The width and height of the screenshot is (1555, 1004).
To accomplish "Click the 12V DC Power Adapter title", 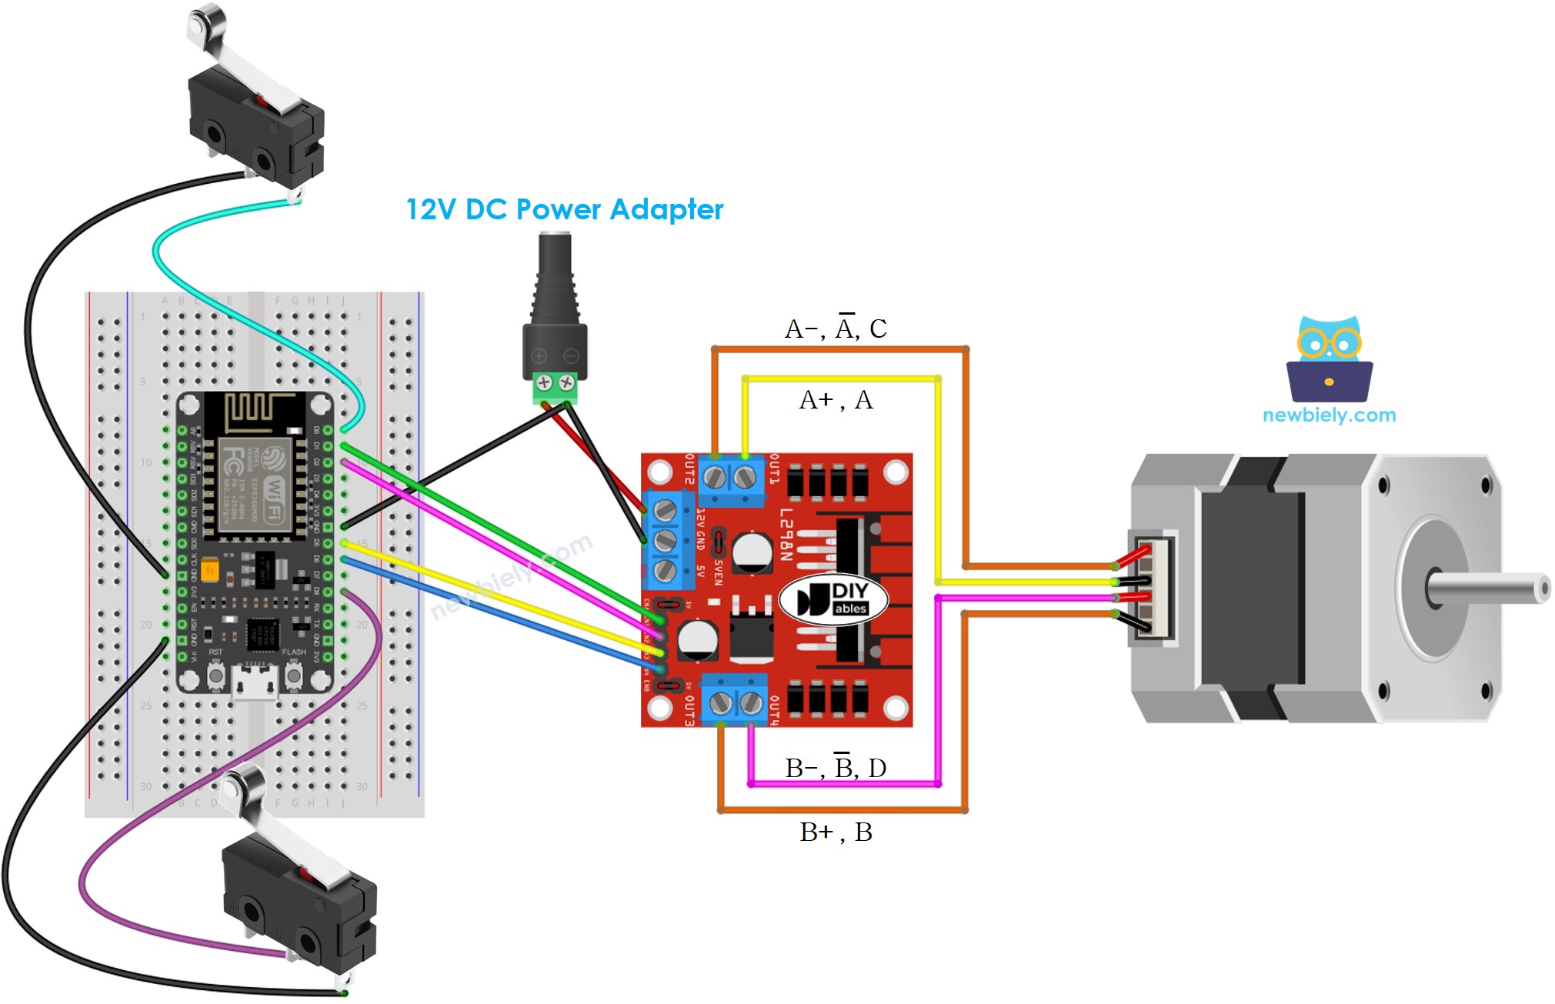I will tap(564, 209).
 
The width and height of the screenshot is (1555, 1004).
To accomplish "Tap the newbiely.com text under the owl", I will tap(1329, 415).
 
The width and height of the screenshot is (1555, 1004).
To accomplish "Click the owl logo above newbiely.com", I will tap(1329, 359).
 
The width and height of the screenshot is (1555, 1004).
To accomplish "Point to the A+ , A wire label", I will tap(836, 400).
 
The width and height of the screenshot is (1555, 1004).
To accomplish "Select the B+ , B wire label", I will tap(836, 832).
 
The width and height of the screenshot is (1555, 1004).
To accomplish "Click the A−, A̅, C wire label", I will tap(836, 329).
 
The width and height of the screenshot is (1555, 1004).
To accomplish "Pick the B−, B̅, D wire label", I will tap(836, 768).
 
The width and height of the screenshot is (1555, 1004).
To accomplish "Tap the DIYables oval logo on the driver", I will tap(833, 599).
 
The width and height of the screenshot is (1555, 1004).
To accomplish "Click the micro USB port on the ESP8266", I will tap(255, 683).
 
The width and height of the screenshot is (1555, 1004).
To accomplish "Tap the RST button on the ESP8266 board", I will tap(215, 675).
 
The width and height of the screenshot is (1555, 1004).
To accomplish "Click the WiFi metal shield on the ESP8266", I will tap(254, 485).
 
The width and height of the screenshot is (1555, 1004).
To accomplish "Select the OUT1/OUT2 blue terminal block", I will tap(730, 480).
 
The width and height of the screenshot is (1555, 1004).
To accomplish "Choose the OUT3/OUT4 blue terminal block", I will tap(735, 700).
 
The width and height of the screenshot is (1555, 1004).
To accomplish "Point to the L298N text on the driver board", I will tap(786, 535).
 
